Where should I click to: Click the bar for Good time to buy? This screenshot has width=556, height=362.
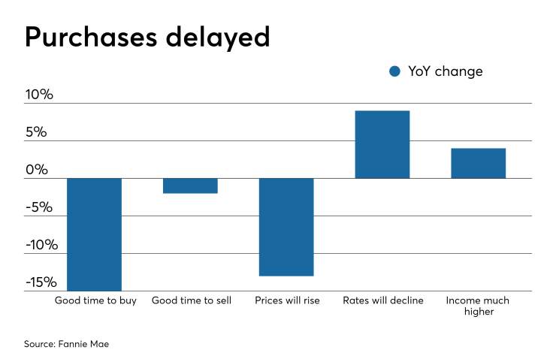click(95, 234)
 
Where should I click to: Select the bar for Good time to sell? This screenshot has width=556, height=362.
click(190, 186)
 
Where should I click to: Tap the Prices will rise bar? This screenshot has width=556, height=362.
click(286, 227)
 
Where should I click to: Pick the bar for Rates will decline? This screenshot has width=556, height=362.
click(382, 144)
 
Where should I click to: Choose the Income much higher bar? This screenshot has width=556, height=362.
click(478, 163)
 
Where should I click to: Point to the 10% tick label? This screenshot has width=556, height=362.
click(39, 95)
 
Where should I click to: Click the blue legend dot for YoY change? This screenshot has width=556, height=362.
click(395, 71)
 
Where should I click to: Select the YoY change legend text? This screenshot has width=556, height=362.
click(446, 71)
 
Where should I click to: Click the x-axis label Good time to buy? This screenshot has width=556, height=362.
click(95, 300)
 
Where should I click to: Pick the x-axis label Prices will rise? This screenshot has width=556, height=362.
click(286, 300)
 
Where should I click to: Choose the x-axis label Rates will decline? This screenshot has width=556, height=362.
click(382, 300)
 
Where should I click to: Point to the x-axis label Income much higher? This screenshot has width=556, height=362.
click(478, 306)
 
